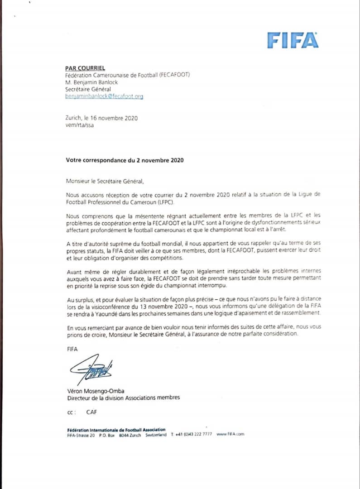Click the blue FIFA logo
pyautogui.click(x=293, y=40)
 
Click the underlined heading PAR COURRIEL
pyautogui.click(x=82, y=68)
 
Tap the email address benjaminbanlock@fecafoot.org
pyautogui.click(x=104, y=96)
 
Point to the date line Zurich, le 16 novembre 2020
pyautogui.click(x=101, y=118)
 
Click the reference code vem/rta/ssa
pyautogui.click(x=80, y=125)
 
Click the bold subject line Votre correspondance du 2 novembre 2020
pyautogui.click(x=125, y=160)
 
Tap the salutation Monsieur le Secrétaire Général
pyautogui.click(x=104, y=181)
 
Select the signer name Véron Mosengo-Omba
pyautogui.click(x=96, y=390)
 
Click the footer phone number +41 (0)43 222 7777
pyautogui.click(x=194, y=434)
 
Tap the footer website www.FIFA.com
pyautogui.click(x=230, y=434)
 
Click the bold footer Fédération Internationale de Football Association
pyautogui.click(x=116, y=429)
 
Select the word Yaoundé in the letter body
pyautogui.click(x=106, y=313)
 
